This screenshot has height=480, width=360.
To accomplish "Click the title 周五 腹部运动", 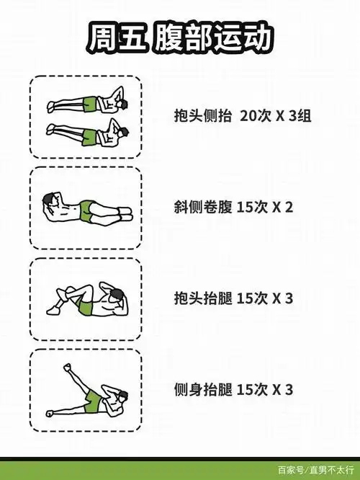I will click(180, 37).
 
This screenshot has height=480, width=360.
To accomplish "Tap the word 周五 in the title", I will click(117, 37).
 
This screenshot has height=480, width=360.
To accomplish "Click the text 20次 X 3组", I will click(276, 115).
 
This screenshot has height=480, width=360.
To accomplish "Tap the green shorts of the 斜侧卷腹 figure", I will click(89, 210).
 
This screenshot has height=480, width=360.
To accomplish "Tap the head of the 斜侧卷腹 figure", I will click(50, 200).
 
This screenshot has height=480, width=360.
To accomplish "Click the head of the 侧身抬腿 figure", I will click(122, 394).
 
